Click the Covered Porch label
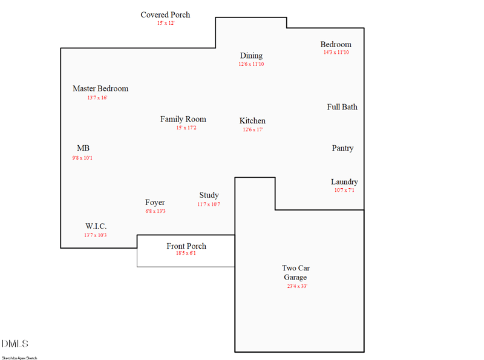pyautogui.click(x=165, y=15)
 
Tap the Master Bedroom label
pyautogui.click(x=100, y=89)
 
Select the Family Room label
pyautogui.click(x=183, y=119)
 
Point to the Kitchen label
pyautogui.click(x=252, y=121)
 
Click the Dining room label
pyautogui.click(x=251, y=56)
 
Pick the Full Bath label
pyautogui.click(x=342, y=107)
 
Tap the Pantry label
pyautogui.click(x=342, y=148)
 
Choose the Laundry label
pyautogui.click(x=344, y=182)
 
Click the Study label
pyautogui.click(x=209, y=195)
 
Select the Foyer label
pyautogui.click(x=155, y=203)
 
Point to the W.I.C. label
pyautogui.click(x=96, y=226)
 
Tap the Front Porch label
pyautogui.click(x=186, y=246)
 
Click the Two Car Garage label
pyautogui.click(x=296, y=273)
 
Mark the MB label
pyautogui.click(x=83, y=148)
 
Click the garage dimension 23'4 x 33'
pyautogui.click(x=297, y=286)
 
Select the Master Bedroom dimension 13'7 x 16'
pyautogui.click(x=97, y=97)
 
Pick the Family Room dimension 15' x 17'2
pyautogui.click(x=186, y=128)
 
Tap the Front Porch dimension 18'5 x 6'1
pyautogui.click(x=186, y=254)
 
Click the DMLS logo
pyautogui.click(x=15, y=344)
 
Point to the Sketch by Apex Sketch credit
pyautogui.click(x=19, y=358)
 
